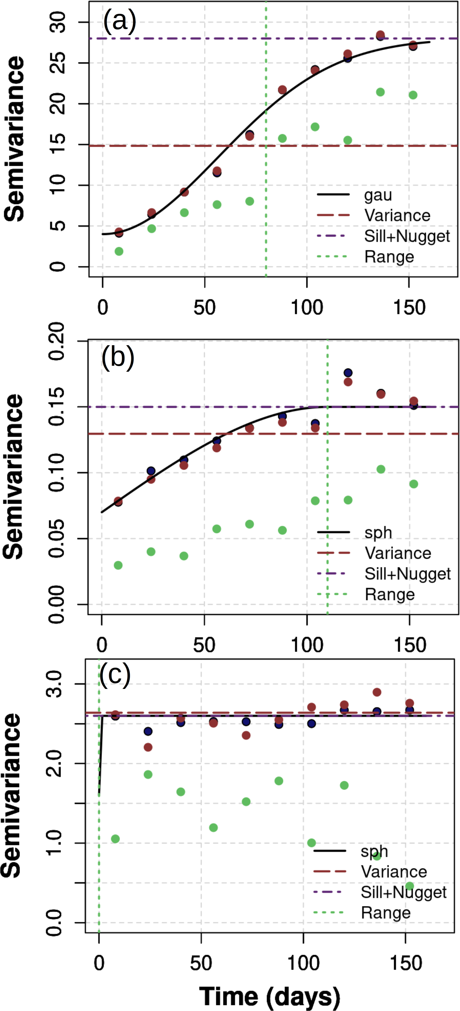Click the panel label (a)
coord(119,21)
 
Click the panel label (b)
coord(118,358)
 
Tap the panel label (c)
coord(115,674)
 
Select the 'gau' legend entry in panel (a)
coord(378,195)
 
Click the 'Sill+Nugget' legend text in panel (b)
coord(407,573)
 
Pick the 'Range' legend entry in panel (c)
coord(385,912)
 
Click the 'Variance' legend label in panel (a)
coord(397,215)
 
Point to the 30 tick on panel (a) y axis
coord(58,22)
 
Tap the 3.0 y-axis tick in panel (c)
coord(54,684)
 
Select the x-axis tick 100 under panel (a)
coord(307,307)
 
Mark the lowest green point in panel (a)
coord(119,251)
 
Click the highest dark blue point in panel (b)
coord(348,372)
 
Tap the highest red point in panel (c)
coord(377,692)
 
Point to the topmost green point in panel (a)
coord(380,92)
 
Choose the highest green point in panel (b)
coord(381,469)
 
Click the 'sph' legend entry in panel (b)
coord(378,533)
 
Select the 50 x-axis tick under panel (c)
coord(201,963)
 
